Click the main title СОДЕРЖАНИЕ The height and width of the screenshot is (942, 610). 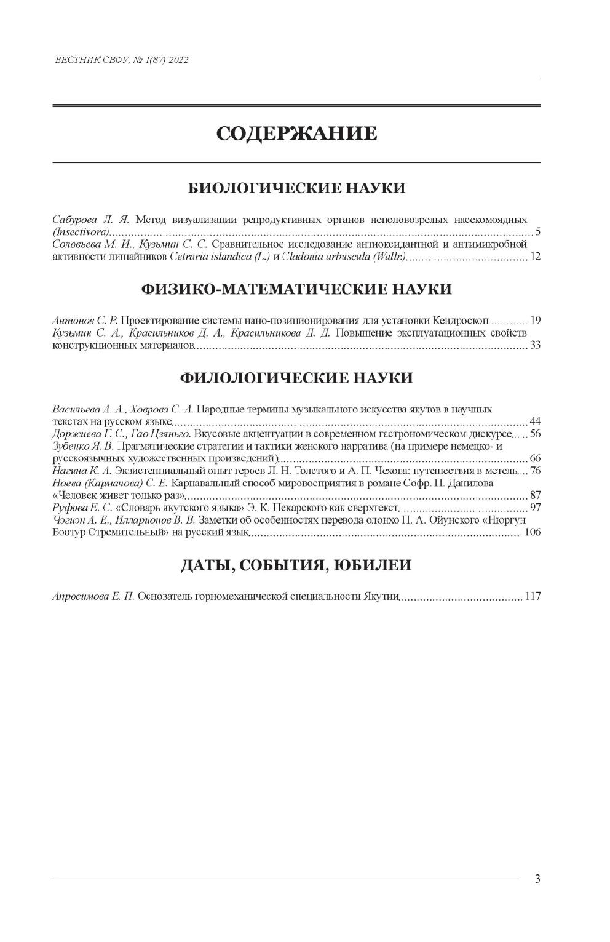(x=296, y=134)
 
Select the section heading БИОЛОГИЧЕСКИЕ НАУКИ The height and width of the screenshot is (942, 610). (x=296, y=188)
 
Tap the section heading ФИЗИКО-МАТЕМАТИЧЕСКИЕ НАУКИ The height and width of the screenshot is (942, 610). (x=296, y=289)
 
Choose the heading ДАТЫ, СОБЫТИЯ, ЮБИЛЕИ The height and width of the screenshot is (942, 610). (x=296, y=565)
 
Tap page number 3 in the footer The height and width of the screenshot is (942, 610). (x=537, y=879)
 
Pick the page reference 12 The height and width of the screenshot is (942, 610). (x=534, y=257)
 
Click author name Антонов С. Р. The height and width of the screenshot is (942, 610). (x=85, y=320)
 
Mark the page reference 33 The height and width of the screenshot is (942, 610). (x=534, y=345)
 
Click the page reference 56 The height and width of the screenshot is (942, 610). (x=534, y=434)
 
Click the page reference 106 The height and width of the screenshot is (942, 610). (x=532, y=533)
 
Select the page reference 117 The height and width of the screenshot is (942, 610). (x=532, y=597)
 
